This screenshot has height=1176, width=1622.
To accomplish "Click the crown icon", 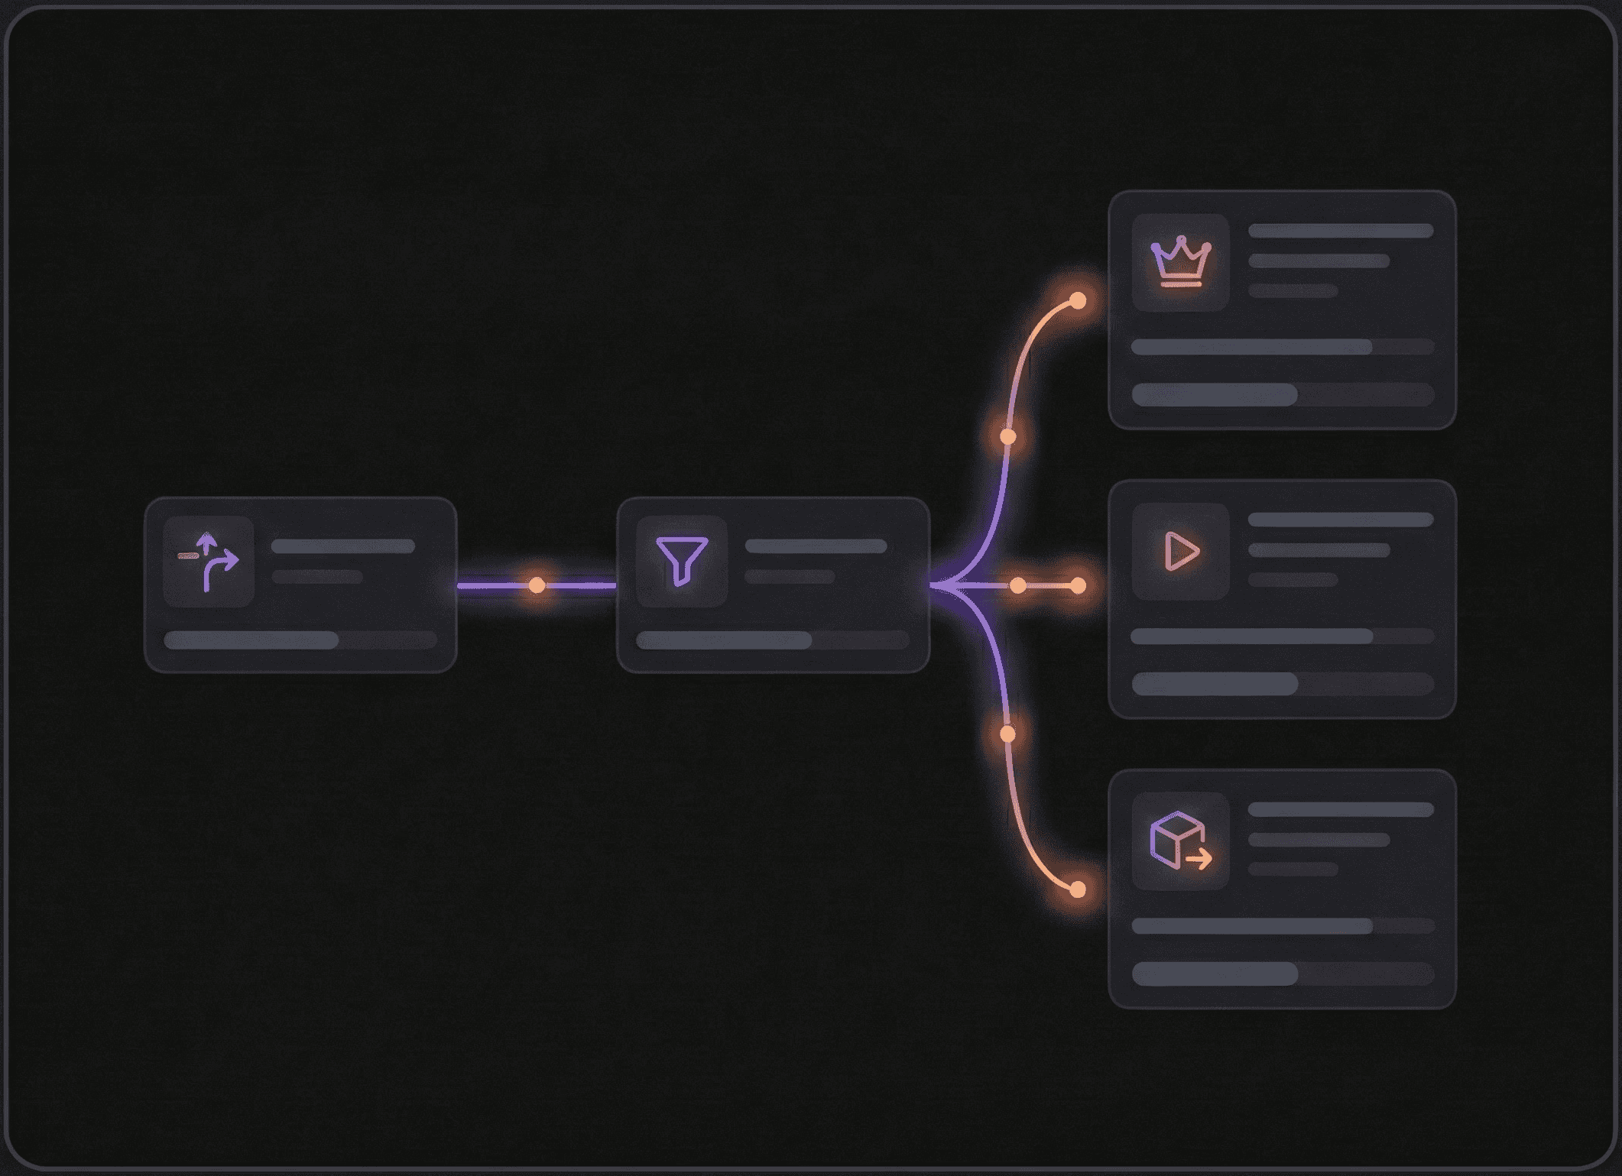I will [x=1181, y=261].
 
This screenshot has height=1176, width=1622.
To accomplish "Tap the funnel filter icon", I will [x=682, y=560].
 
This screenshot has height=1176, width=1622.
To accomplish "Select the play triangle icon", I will [x=1181, y=551].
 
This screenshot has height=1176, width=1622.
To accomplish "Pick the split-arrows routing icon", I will [x=209, y=562].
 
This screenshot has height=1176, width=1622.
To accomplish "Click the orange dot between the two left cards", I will [x=537, y=585].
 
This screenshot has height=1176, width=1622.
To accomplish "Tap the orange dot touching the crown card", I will [x=1078, y=300].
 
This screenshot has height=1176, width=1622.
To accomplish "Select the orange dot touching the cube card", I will [x=1078, y=889].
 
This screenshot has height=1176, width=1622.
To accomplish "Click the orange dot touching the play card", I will [x=1078, y=586].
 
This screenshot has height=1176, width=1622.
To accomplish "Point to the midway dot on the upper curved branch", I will [x=1008, y=437].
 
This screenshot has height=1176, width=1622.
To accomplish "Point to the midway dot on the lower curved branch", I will [x=1008, y=734].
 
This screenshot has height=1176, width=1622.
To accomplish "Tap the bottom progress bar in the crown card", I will [x=1282, y=394].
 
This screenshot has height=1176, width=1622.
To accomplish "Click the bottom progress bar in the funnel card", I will [x=772, y=640].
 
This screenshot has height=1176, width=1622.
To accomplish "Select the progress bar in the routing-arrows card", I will [x=300, y=640].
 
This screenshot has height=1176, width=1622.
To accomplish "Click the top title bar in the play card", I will [x=1340, y=520].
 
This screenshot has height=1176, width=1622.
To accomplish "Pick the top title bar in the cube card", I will [x=1340, y=810].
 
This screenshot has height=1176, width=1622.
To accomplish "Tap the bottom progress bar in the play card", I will [x=1282, y=684].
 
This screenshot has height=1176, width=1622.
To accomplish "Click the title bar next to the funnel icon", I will [x=816, y=546].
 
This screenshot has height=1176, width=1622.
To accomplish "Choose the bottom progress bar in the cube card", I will [x=1282, y=974].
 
